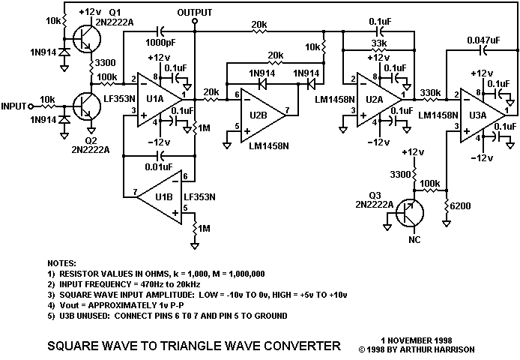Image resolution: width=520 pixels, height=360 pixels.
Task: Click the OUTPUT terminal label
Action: pyautogui.click(x=195, y=13)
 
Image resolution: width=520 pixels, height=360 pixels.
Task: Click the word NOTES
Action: pyautogui.click(x=61, y=265)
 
